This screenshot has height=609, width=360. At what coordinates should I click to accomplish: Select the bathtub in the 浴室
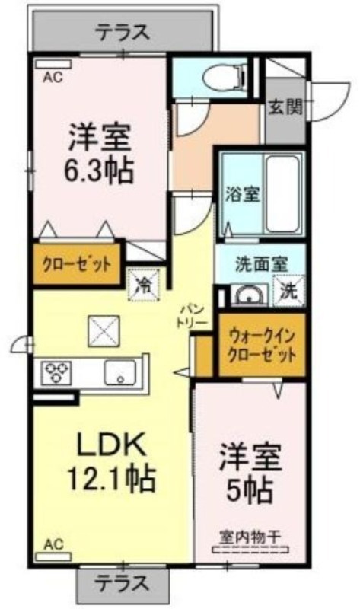coord(283,193)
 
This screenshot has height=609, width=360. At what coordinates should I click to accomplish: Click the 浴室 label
coord(243,194)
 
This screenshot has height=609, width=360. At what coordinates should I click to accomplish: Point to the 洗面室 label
coord(261,264)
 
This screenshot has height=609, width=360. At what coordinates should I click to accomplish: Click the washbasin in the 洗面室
coord(249,296)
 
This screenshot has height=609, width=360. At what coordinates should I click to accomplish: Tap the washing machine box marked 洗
coord(288,291)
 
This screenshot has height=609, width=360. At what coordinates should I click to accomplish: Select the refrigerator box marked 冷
coord(144,285)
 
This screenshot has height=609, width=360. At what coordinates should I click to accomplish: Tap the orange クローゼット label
coord(77,264)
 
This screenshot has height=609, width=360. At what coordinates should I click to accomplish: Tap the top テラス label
coord(123,32)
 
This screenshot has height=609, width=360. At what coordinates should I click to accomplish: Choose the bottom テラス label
coord(123,583)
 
